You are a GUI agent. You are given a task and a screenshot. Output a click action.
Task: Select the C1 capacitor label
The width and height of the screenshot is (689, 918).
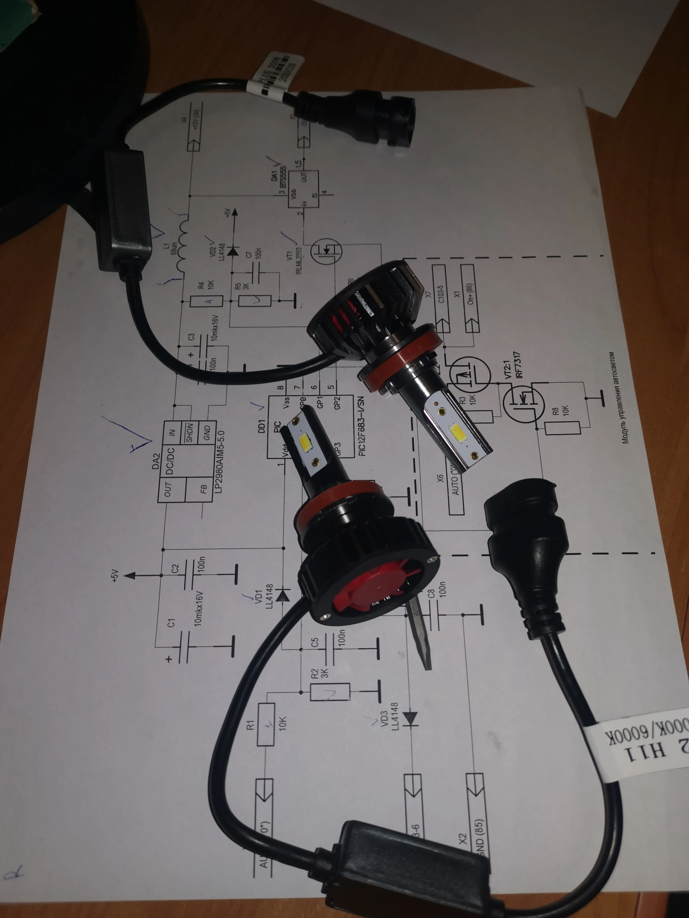pos(171,623)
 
